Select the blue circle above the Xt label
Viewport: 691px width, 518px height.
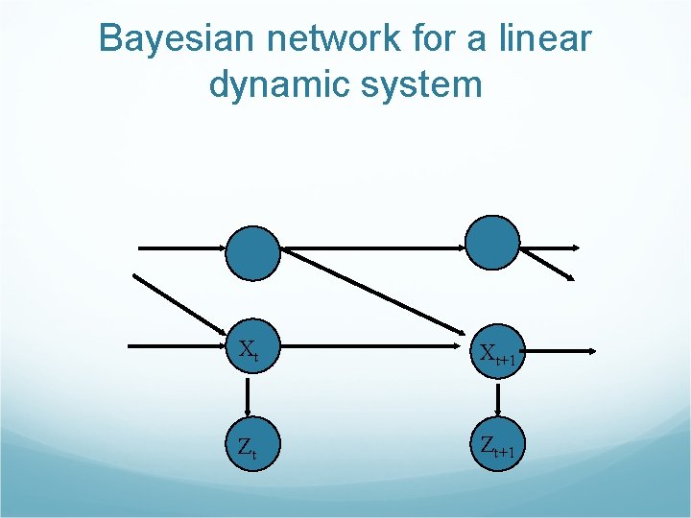pyautogui.click(x=253, y=252)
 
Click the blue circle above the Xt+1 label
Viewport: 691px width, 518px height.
pyautogui.click(x=492, y=242)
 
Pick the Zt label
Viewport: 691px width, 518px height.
pyautogui.click(x=247, y=446)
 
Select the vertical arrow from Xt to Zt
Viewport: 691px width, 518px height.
pyautogui.click(x=248, y=395)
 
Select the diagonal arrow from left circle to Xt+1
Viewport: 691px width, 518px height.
pyautogui.click(x=374, y=298)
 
